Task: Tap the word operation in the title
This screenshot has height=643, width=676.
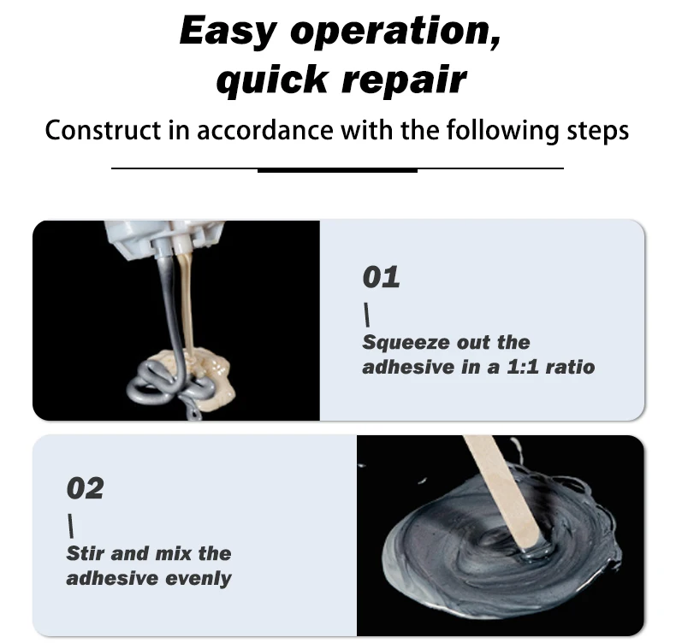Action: click(396, 32)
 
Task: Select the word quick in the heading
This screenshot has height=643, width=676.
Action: click(272, 80)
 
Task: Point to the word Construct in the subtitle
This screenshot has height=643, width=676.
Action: click(103, 130)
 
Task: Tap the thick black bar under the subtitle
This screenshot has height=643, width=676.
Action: click(337, 170)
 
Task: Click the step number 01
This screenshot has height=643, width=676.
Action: click(381, 277)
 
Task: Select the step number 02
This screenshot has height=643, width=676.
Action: click(85, 488)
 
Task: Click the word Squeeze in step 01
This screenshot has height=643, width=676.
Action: click(400, 343)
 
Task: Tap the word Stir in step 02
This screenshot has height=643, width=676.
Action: click(85, 553)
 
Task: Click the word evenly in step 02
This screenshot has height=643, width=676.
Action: click(199, 579)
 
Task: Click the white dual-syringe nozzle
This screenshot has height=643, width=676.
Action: click(166, 239)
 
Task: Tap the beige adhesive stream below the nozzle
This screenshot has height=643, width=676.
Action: click(187, 302)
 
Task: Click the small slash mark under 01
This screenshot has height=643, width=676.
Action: click(367, 315)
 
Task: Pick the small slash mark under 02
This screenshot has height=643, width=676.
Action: click(71, 527)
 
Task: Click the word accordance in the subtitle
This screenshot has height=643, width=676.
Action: click(265, 130)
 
